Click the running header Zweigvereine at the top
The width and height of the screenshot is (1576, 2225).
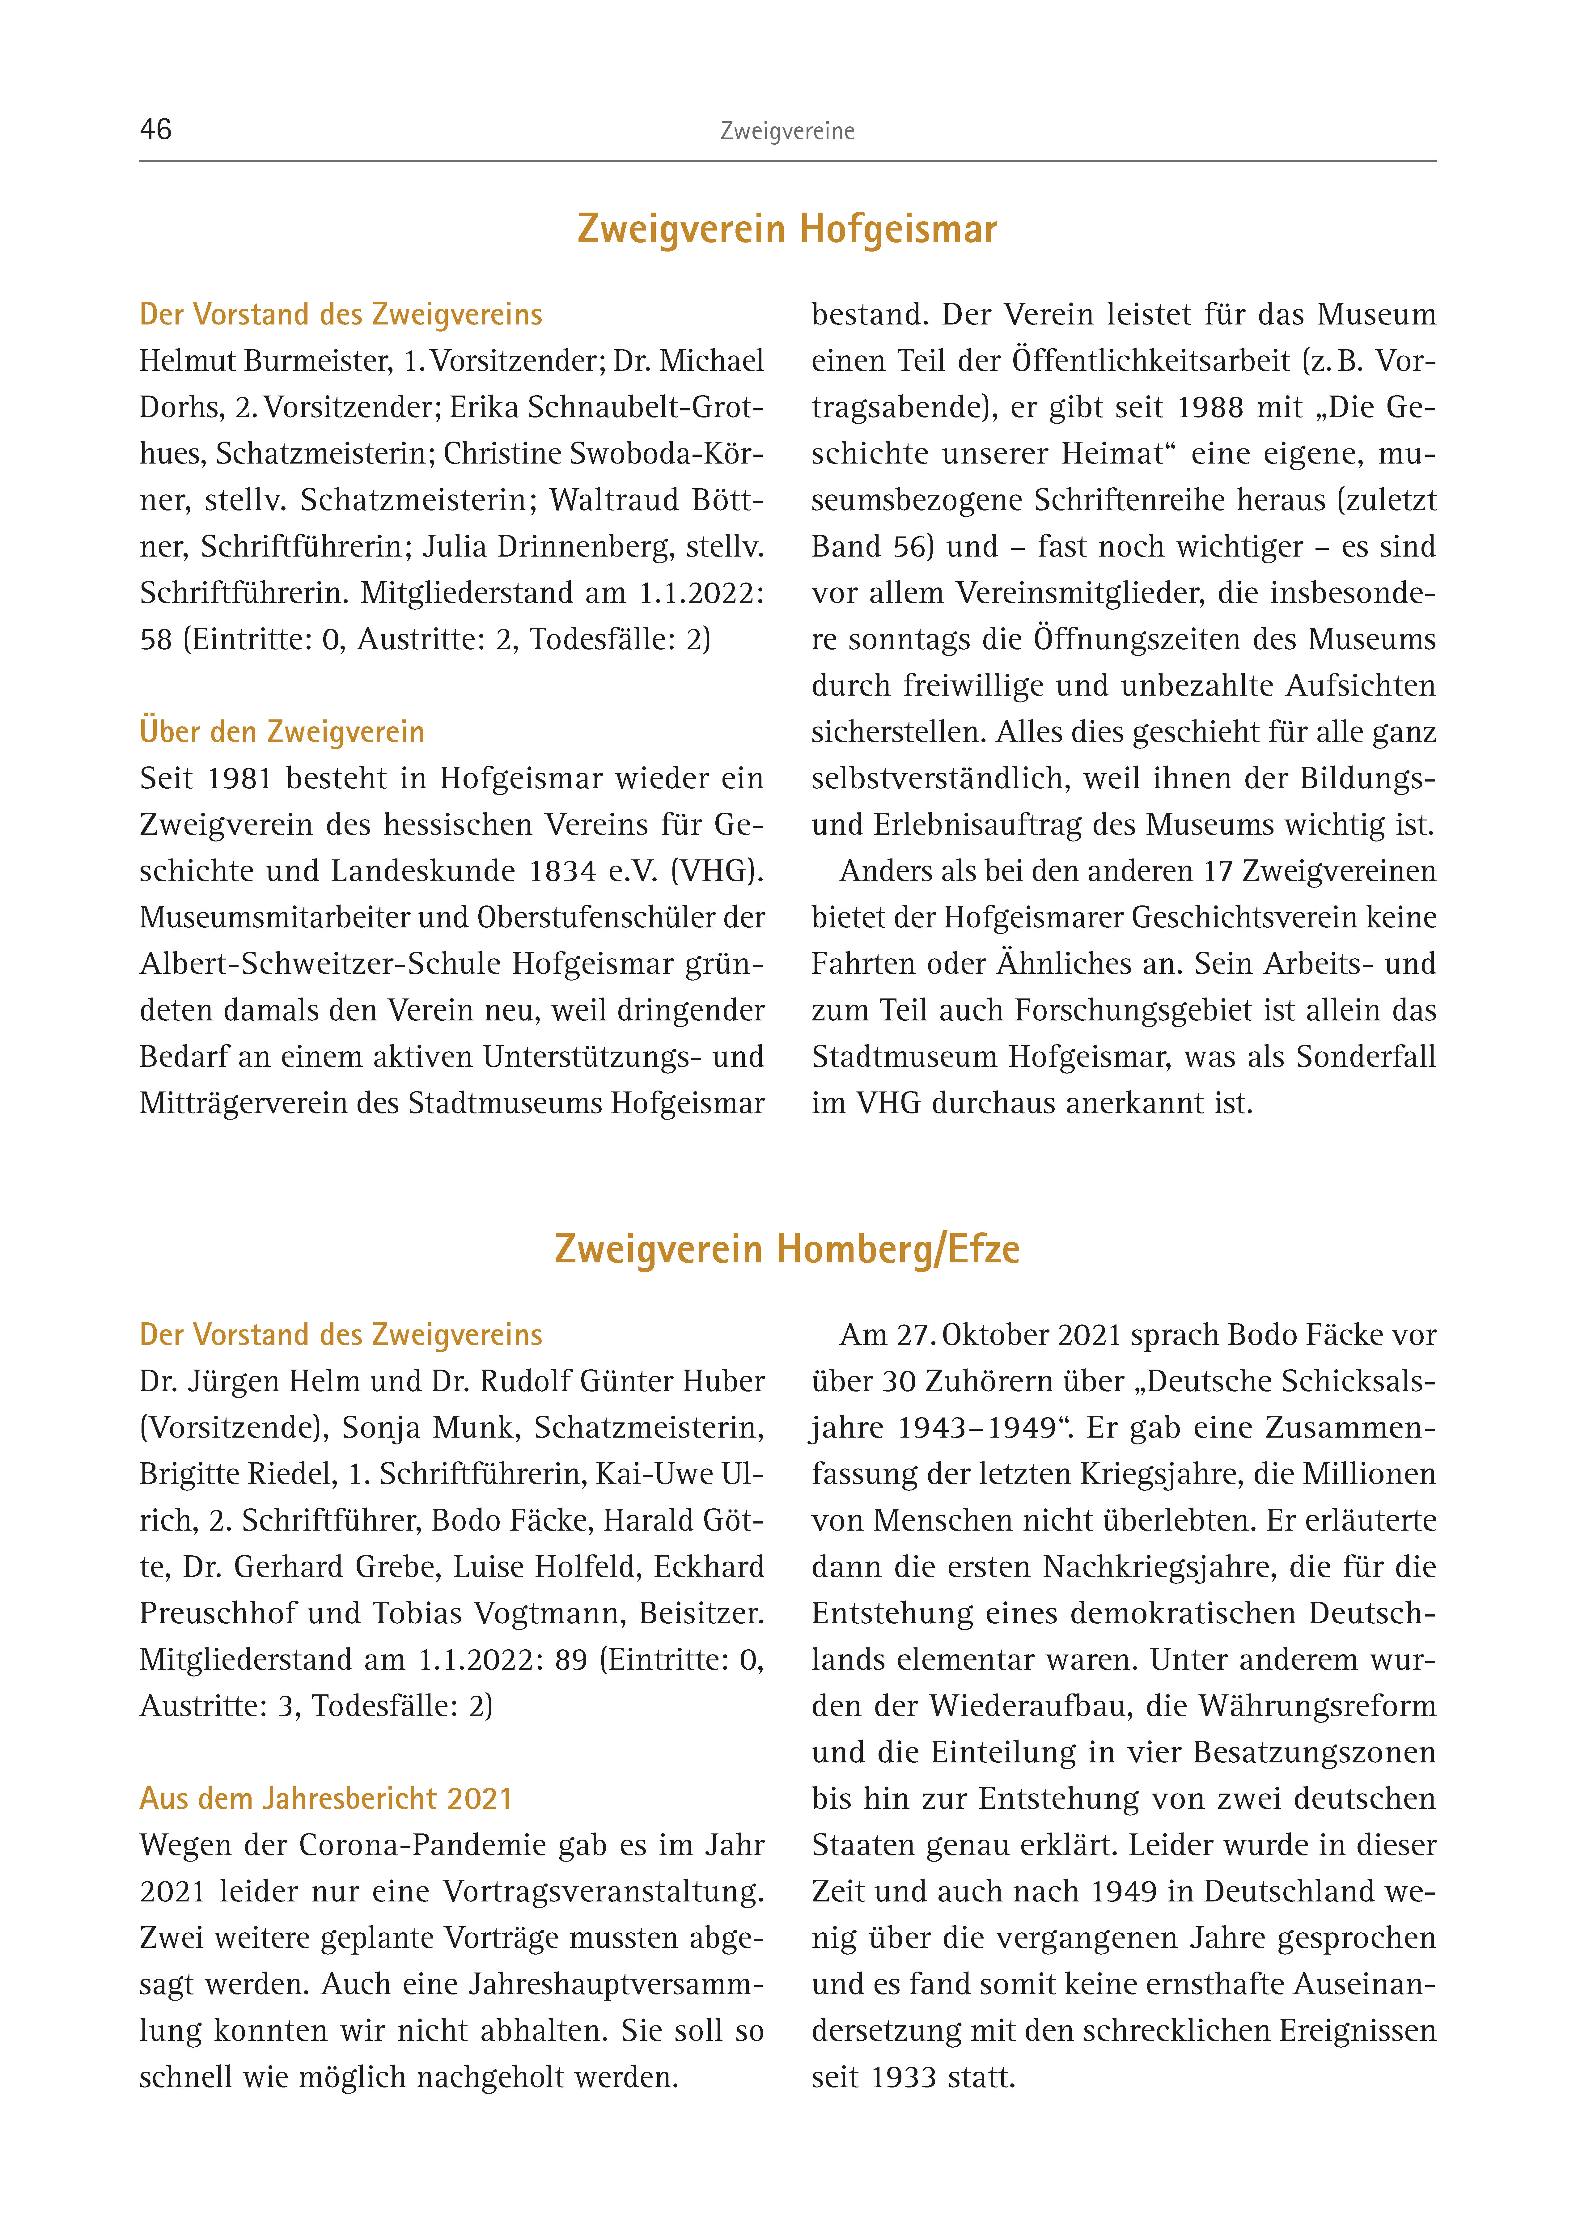click(x=787, y=131)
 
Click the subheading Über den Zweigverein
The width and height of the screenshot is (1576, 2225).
click(x=282, y=732)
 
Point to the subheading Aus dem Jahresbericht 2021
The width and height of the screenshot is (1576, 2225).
click(x=325, y=1798)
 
